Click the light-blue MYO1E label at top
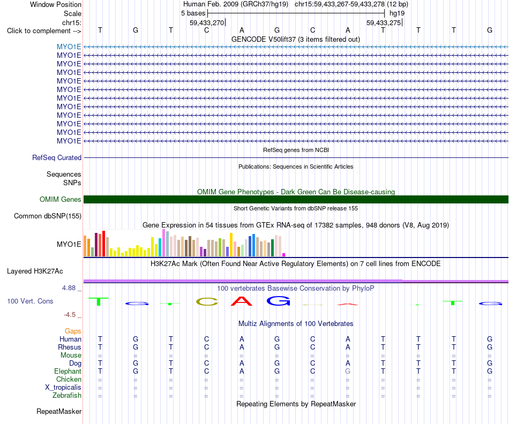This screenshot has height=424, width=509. pos(69,47)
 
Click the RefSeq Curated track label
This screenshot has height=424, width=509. pos(57,158)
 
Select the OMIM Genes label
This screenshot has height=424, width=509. pos(61,199)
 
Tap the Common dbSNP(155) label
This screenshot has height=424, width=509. pos(48,216)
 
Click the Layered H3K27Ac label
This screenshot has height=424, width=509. pos(35,271)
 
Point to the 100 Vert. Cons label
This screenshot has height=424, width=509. pos(30,301)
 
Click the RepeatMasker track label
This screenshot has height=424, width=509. pos(59,411)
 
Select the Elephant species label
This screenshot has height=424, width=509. pos(68,371)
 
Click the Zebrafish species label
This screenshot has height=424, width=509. pos(67,395)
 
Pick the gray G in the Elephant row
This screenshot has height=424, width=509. pos(348,371)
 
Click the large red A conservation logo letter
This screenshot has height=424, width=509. pos(242,301)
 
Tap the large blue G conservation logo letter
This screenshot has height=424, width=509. pos(278,301)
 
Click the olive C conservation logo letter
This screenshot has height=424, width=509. pos(207,302)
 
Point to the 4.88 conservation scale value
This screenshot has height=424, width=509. pos(69,287)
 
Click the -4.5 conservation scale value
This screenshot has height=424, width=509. pos(70,315)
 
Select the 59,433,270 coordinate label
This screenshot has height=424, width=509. pos(207,22)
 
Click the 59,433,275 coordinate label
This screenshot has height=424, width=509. pos(384,22)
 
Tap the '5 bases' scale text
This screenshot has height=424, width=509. pos(193,13)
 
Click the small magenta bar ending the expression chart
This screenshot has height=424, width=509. pos(284,255)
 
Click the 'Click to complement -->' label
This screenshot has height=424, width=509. pos(44,31)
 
